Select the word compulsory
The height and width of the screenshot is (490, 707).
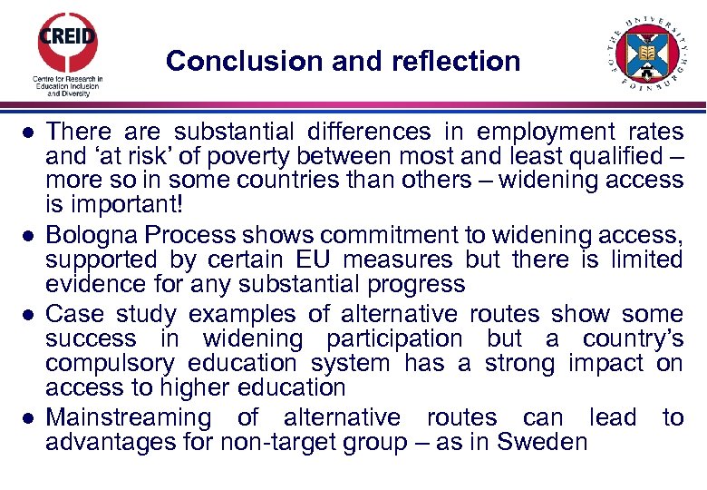pos(111,363)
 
